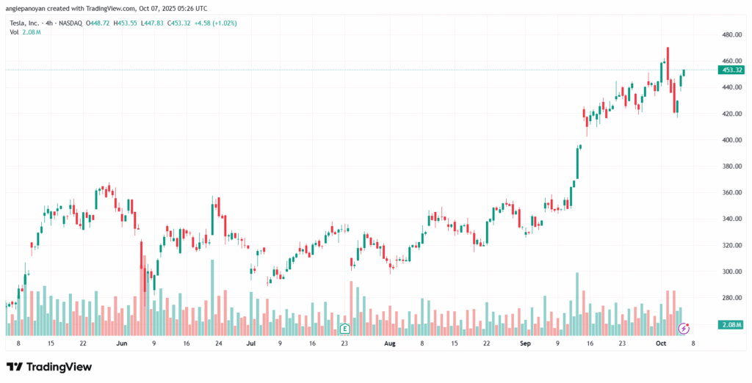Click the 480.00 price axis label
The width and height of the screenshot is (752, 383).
coord(732,34)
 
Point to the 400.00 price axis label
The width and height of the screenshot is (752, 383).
coord(732,139)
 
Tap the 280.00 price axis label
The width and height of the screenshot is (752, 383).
coord(732,298)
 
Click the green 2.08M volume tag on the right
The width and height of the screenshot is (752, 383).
coord(731,324)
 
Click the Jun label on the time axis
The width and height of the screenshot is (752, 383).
coord(122,343)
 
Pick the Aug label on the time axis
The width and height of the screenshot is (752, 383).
coord(390,343)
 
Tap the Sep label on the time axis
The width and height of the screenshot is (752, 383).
coord(525,343)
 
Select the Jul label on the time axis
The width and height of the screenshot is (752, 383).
coord(251,343)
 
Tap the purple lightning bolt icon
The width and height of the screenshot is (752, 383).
coord(684,328)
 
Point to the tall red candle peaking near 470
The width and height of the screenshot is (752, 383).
coord(668,63)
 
